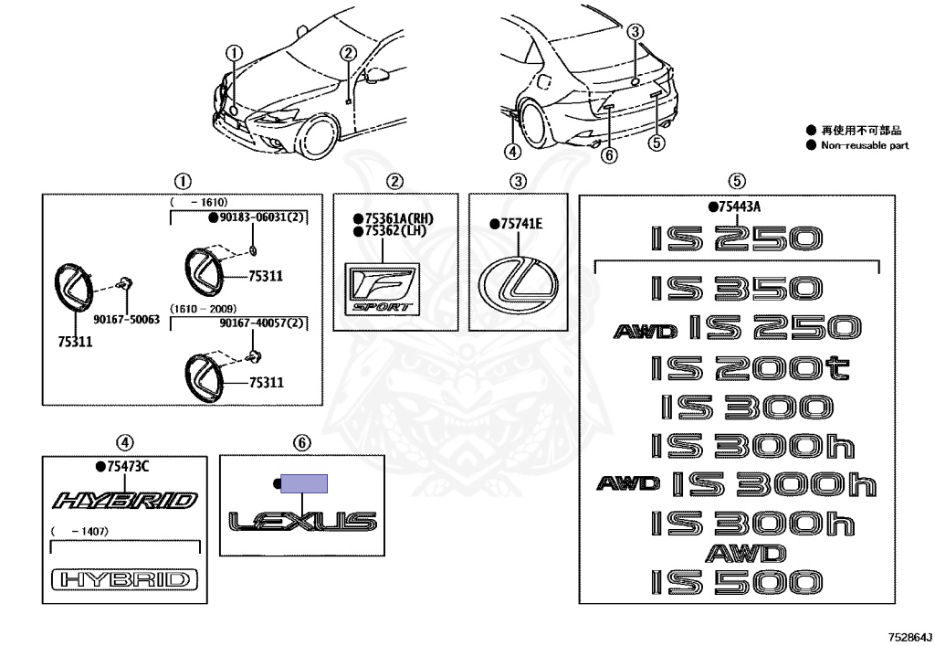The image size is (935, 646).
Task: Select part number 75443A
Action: click(739, 207)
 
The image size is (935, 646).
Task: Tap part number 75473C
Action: click(127, 467)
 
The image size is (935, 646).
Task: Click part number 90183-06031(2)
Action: click(262, 217)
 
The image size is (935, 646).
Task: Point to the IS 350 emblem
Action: click(737, 288)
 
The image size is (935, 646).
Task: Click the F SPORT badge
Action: click(381, 288)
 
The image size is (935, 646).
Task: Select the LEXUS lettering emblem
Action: click(302, 522)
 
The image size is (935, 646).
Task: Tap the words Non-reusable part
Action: click(865, 145)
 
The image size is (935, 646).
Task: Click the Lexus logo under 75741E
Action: click(517, 281)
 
